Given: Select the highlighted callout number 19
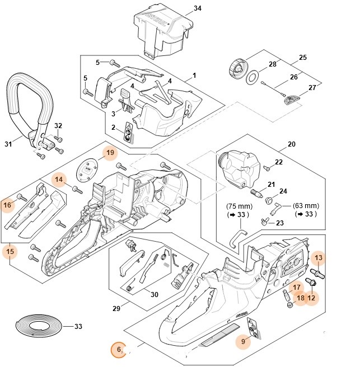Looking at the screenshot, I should (x=110, y=152).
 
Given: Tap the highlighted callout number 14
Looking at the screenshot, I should (x=59, y=180).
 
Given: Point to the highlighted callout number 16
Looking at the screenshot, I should (x=7, y=205).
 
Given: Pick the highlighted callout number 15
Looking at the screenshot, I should (x=10, y=252).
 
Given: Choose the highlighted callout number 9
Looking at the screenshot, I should (x=242, y=340).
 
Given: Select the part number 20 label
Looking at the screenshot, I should (x=291, y=144).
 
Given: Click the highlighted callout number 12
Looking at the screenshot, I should (x=311, y=298).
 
